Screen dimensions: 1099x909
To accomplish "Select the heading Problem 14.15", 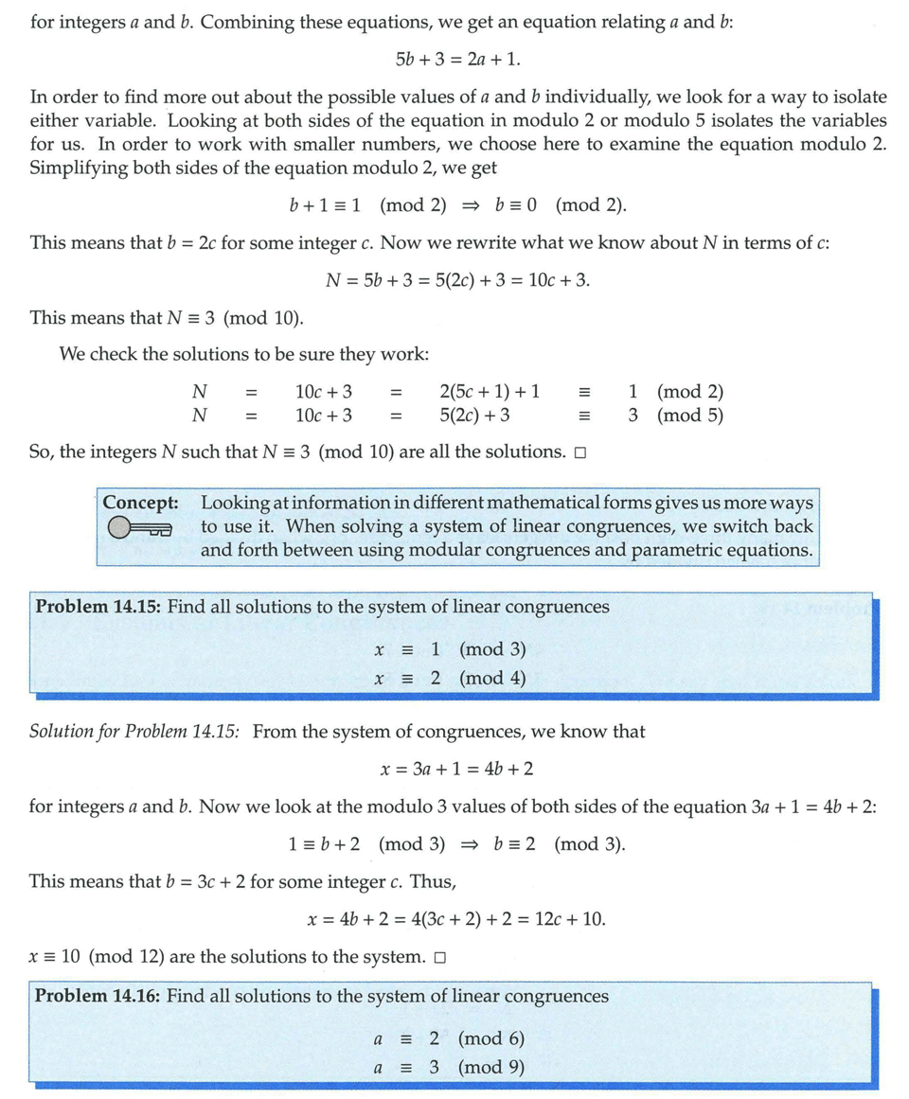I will [97, 607].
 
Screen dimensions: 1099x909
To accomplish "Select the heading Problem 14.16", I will [97, 997].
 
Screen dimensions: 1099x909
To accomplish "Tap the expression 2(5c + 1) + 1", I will [490, 392].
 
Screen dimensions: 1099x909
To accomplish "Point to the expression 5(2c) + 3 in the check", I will [475, 415].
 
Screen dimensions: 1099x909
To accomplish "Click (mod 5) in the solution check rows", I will [690, 415].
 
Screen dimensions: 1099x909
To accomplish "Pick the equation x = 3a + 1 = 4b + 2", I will [456, 769].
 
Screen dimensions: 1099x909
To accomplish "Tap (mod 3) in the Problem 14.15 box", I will [492, 649].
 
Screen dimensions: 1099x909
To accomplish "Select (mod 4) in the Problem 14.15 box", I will [492, 678].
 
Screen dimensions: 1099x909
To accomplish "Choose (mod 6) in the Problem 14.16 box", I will [490, 1038].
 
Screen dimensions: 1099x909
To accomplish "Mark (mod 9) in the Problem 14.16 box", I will [490, 1067].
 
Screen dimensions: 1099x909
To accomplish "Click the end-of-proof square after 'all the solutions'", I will [579, 453].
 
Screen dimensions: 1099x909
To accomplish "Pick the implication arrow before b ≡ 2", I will [469, 844].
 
